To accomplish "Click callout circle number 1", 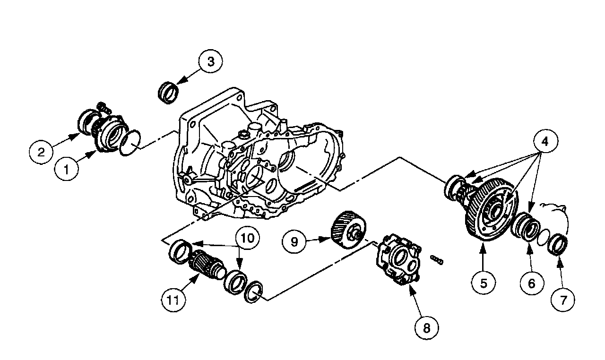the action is [67, 169].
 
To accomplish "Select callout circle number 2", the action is [42, 152].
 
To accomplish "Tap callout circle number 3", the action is [210, 62].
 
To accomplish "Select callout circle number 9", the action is [294, 241].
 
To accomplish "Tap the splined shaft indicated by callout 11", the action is [206, 267].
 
